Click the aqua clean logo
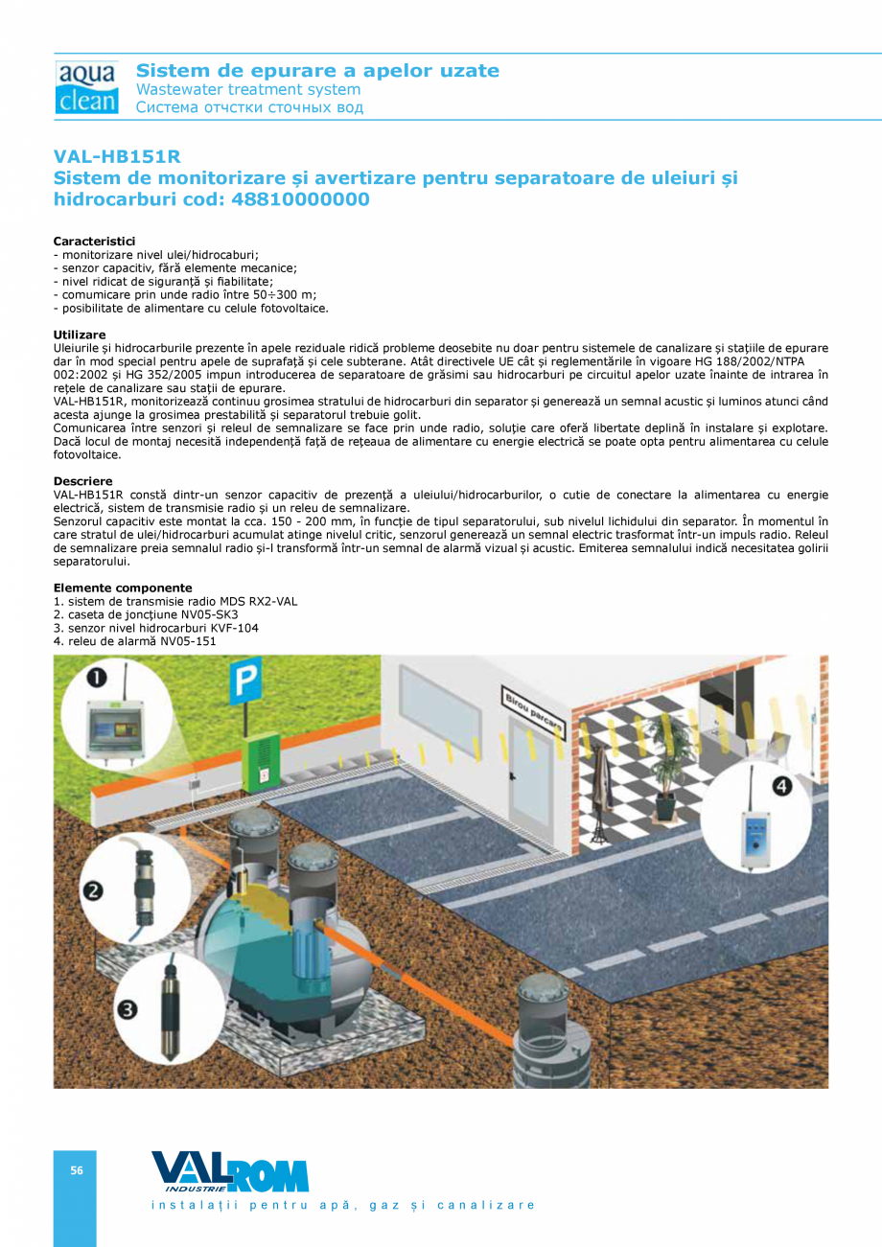click(86, 88)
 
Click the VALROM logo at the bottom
click(230, 1172)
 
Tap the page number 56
click(76, 1170)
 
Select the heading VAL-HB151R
click(117, 156)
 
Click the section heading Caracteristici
click(94, 241)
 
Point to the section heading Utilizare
click(80, 335)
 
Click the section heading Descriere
click(82, 481)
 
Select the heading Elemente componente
click(123, 588)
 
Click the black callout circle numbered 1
click(97, 679)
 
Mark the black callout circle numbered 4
click(782, 786)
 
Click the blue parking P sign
click(245, 683)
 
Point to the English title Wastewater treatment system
click(248, 89)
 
